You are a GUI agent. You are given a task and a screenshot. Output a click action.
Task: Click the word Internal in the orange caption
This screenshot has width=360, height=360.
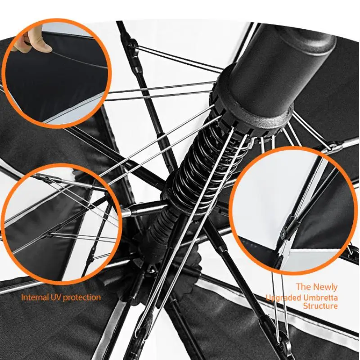coord(35,297)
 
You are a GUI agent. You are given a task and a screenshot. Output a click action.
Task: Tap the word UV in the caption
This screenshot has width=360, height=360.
coord(55,297)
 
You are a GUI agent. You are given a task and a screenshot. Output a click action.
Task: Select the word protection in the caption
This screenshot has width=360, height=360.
coord(82,297)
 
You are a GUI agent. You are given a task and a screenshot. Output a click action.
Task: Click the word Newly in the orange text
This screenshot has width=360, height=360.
coord(325,287)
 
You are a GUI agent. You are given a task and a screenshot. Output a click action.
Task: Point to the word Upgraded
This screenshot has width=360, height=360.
coord(283,298)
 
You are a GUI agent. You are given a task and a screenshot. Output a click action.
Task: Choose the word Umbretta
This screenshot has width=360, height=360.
coord(320,298)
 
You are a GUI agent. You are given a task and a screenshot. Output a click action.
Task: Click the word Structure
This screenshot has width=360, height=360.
coord(320,306)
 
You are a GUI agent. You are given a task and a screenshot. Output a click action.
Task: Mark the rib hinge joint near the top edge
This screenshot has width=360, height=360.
coord(133,45)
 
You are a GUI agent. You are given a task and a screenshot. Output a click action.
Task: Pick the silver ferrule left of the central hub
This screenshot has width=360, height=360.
coord(126,212)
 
